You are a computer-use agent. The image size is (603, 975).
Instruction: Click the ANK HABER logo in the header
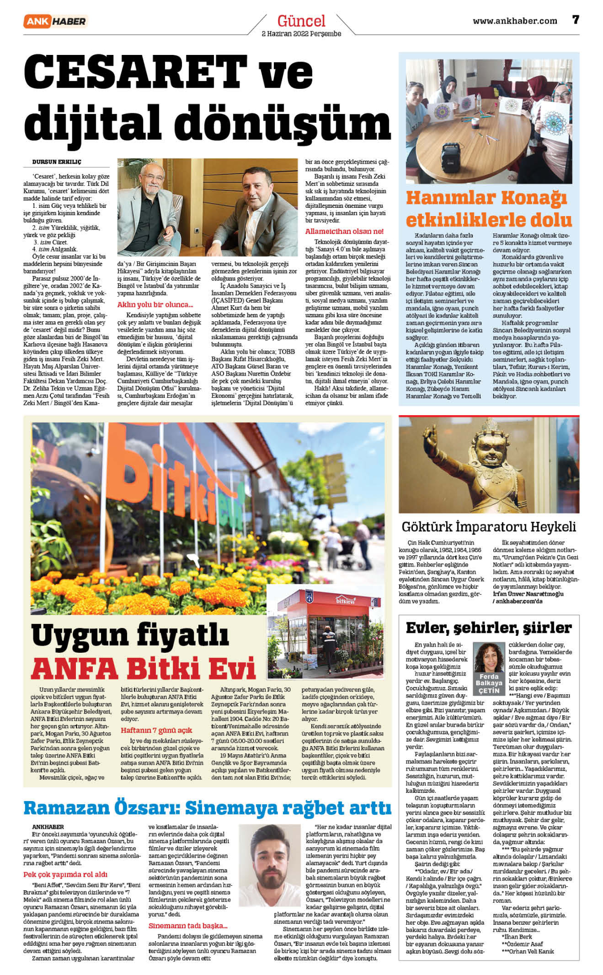[55, 21]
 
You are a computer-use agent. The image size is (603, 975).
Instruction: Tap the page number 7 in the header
[575, 20]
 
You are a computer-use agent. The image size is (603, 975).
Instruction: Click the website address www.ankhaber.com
[514, 21]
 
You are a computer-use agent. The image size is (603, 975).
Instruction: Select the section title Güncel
[301, 21]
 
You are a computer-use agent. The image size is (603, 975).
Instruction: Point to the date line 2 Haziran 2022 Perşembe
[301, 34]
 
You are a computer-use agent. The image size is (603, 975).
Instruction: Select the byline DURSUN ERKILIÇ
[56, 162]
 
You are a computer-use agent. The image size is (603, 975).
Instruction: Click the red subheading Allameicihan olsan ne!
[344, 231]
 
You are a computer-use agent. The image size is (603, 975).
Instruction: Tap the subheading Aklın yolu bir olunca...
[155, 304]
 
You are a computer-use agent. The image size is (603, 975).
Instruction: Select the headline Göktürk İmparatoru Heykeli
[489, 527]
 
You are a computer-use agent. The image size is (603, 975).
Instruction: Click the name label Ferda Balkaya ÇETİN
[489, 684]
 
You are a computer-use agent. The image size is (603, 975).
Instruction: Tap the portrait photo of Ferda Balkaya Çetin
[489, 657]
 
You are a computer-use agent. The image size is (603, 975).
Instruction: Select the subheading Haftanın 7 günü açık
[156, 730]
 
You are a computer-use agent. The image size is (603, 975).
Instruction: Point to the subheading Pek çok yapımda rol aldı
[65, 874]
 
